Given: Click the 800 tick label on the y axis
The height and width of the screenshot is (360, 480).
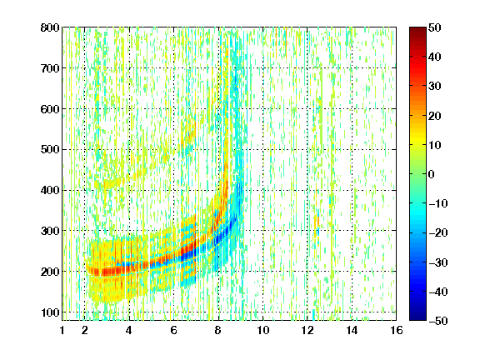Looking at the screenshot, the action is coord(50,27).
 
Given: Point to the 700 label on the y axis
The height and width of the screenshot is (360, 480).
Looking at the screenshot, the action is coord(50,68).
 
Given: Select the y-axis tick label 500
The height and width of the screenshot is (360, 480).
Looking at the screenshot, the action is coord(50,150).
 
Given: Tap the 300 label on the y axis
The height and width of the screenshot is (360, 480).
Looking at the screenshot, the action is coord(50,231).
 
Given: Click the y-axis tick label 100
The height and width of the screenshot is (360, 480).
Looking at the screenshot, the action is coord(50,312).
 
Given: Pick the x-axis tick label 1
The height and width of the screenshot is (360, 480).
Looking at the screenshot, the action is coord(62,330).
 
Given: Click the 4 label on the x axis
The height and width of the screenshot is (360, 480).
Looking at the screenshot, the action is coord(129,330).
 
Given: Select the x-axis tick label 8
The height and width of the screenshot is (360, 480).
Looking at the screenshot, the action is coord(218,330).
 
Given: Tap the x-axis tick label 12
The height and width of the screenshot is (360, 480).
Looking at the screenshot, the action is coord(307,330).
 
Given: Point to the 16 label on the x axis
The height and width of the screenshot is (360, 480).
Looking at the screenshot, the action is coord(397,330).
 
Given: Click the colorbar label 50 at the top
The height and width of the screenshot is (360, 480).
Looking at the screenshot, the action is coord(435,27).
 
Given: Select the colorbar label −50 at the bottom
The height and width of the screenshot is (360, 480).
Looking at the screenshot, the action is coord(438,321).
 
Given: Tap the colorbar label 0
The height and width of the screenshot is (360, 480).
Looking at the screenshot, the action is coord(432,174).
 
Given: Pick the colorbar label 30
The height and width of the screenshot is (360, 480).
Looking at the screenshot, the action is coord(435,87).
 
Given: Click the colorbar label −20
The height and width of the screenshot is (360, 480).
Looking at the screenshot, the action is coord(438,233).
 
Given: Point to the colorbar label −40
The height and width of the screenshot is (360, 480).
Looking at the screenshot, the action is coord(438,292).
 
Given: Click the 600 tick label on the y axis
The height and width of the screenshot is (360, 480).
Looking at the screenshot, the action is coord(50,109).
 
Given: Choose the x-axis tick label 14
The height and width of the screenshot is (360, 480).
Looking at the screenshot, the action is coord(352,330).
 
